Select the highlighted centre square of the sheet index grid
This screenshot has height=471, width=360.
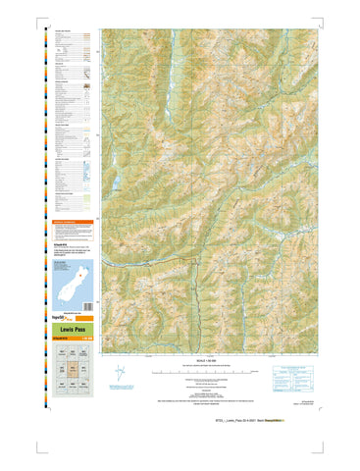pos(72,369)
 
